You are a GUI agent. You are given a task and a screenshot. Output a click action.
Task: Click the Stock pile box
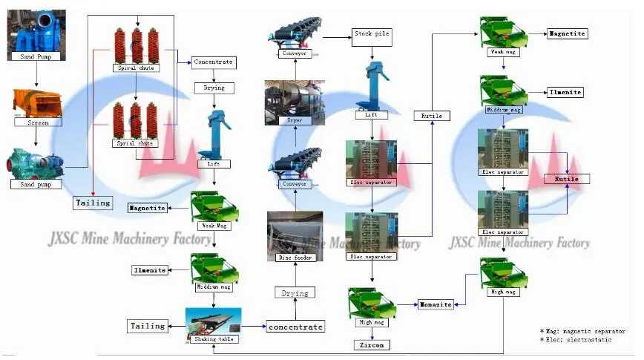click(371, 34)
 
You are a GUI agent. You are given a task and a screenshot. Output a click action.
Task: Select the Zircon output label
click(370, 345)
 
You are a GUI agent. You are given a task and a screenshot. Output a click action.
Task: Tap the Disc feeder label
click(295, 258)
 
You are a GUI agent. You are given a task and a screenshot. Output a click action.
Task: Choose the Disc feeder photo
click(295, 232)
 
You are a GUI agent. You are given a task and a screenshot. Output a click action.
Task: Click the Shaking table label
click(214, 339)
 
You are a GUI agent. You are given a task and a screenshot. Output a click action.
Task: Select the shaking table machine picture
click(214, 321)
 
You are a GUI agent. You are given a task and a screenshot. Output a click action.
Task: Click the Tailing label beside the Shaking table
click(148, 326)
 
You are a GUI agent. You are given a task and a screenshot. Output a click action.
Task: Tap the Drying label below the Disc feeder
click(295, 293)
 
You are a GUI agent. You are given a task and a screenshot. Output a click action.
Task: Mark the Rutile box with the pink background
click(568, 179)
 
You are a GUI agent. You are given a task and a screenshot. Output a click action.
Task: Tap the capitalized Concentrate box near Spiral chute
click(214, 62)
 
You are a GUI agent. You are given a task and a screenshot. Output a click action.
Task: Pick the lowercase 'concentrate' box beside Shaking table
click(295, 327)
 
